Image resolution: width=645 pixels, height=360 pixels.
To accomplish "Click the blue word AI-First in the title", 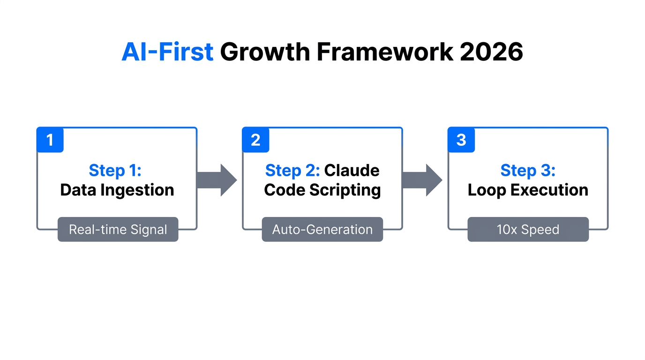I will click(167, 52).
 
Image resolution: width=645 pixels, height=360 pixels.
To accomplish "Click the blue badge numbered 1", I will click(50, 140).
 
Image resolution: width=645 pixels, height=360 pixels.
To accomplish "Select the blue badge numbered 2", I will click(255, 140).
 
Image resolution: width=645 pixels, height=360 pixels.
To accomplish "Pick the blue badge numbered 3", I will click(461, 140).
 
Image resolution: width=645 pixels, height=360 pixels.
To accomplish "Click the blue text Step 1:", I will click(115, 171).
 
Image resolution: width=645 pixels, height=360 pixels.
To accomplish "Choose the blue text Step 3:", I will click(528, 171).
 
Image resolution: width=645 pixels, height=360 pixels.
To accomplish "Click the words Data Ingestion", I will click(117, 190).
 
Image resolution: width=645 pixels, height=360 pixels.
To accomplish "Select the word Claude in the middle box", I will click(352, 171).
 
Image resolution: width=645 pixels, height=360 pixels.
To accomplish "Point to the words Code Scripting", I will click(322, 190).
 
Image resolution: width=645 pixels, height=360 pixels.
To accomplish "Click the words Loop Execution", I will click(528, 190).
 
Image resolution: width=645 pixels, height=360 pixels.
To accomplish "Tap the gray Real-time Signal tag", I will click(118, 230).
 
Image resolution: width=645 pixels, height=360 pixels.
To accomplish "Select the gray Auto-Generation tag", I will click(322, 230).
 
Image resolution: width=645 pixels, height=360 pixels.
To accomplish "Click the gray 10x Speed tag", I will click(528, 230).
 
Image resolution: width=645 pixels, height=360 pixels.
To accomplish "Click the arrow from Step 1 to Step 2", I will click(217, 180).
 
